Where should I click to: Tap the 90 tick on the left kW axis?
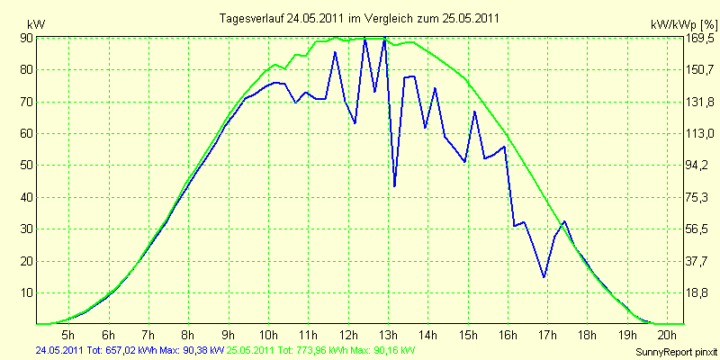(x=26, y=38)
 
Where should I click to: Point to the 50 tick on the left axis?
(x=26, y=166)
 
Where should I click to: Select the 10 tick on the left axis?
(x=26, y=293)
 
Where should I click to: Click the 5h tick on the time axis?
(x=68, y=334)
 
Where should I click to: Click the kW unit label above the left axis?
(x=36, y=24)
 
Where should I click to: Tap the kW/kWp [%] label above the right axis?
(x=683, y=24)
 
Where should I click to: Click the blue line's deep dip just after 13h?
(x=394, y=186)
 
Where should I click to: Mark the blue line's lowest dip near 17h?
(x=544, y=277)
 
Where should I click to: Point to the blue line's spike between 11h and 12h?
(x=335, y=52)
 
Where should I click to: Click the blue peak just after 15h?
(x=475, y=112)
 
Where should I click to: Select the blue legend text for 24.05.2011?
(x=130, y=351)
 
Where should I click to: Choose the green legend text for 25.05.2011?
(x=318, y=351)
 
